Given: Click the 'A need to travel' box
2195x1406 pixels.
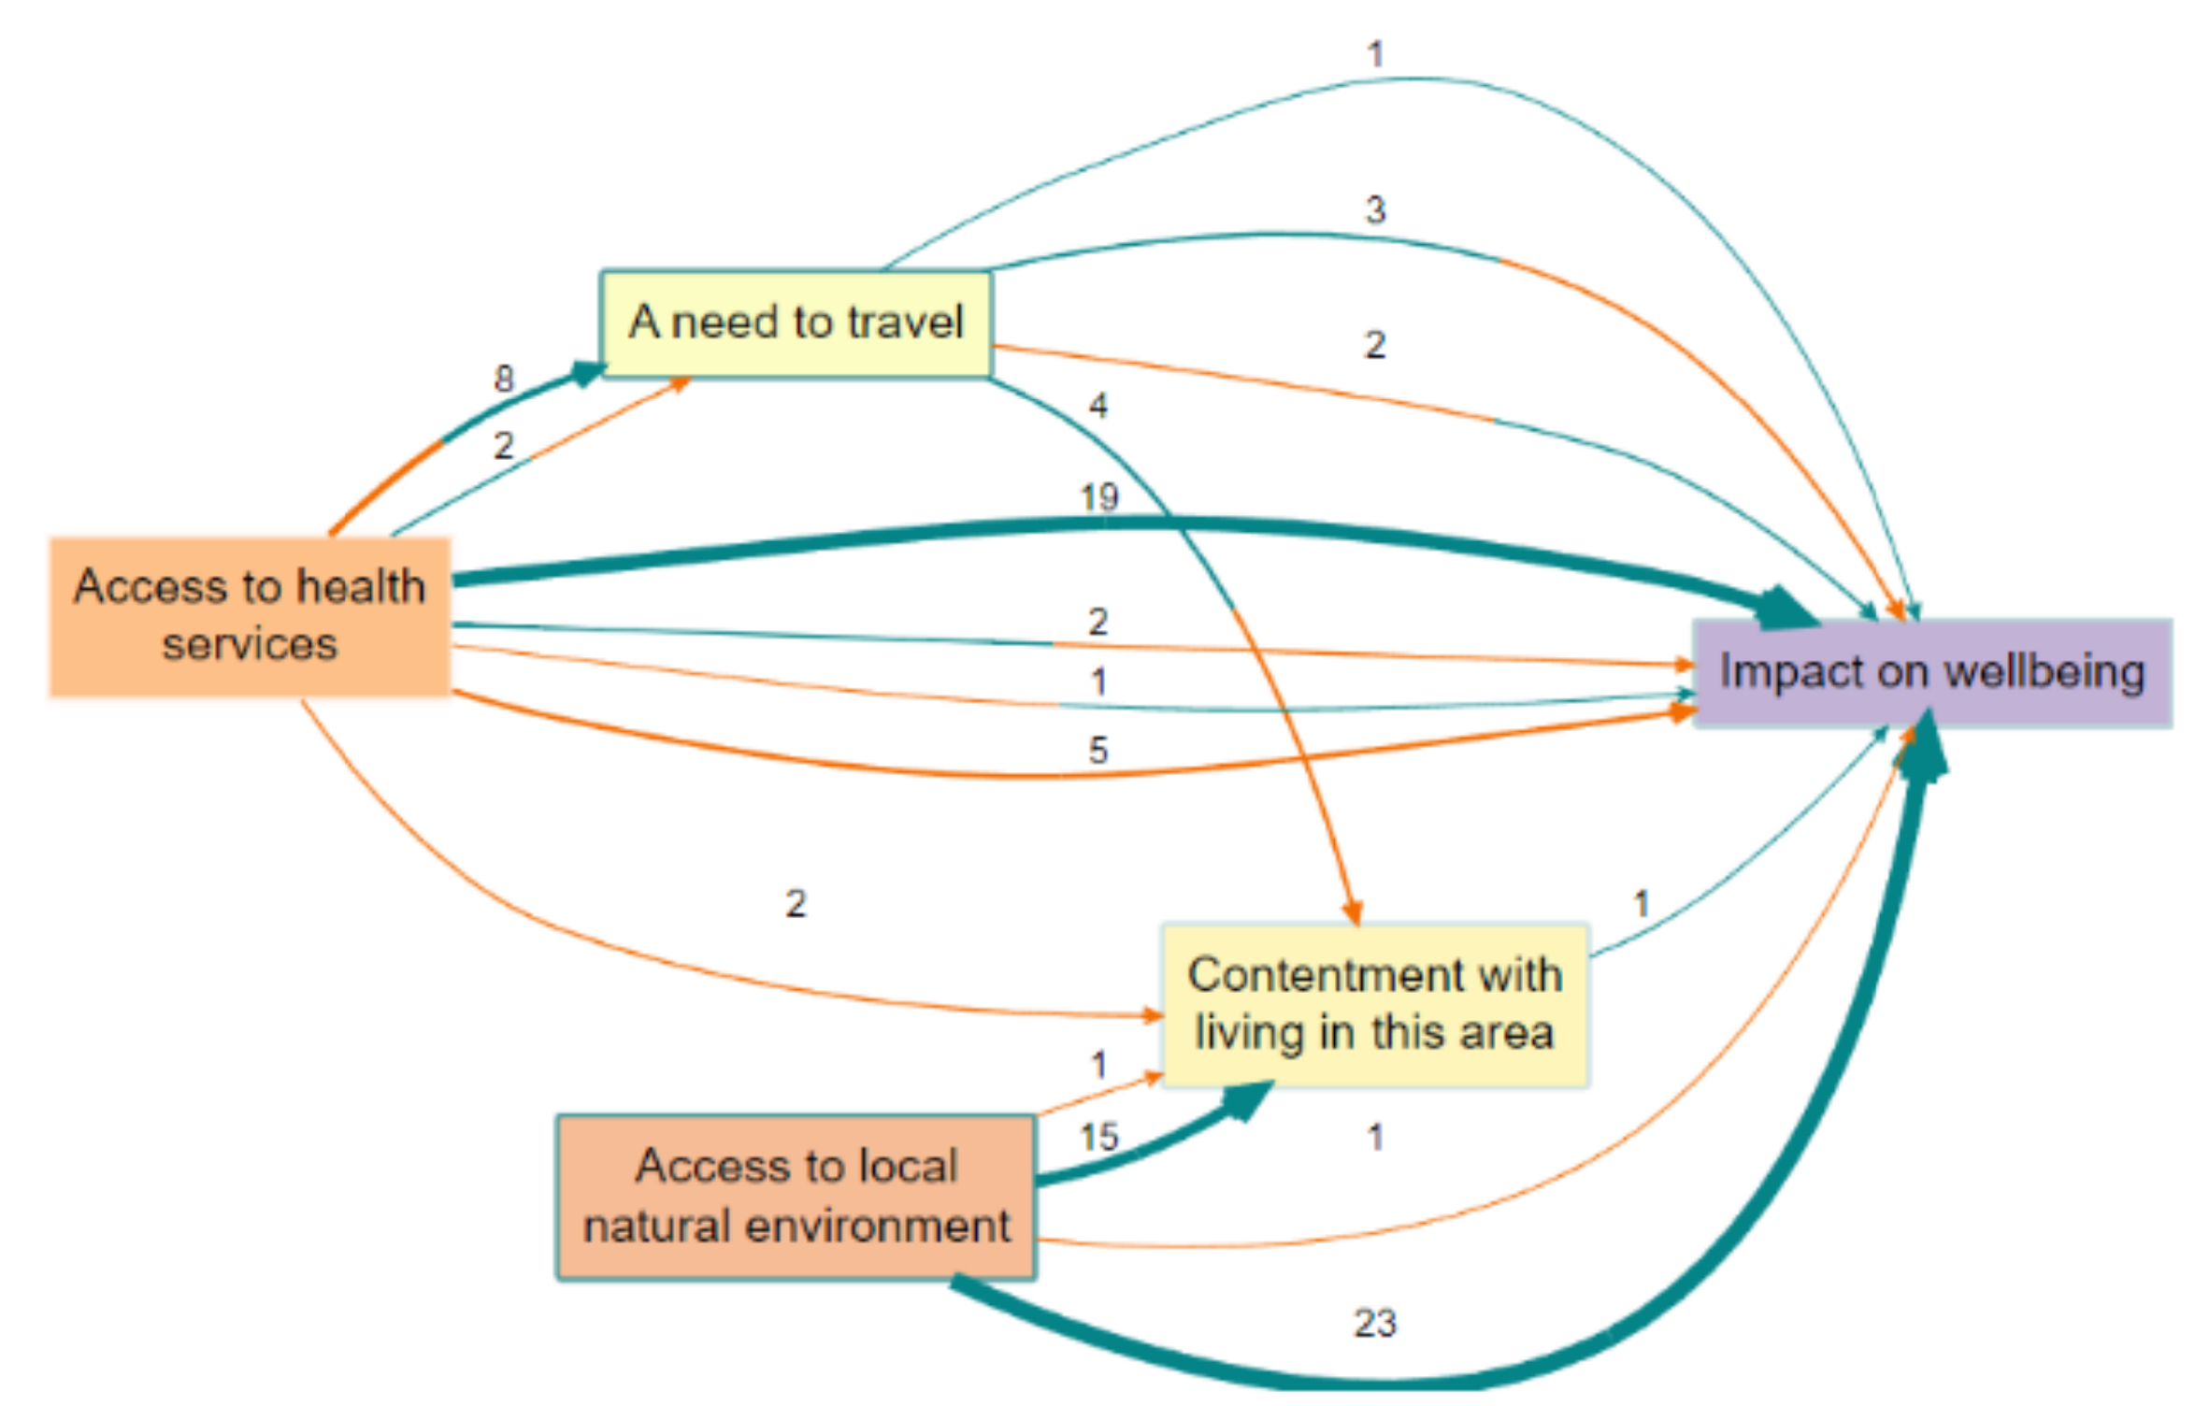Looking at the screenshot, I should click(x=795, y=323).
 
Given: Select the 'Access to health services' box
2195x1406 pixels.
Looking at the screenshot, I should click(x=250, y=616).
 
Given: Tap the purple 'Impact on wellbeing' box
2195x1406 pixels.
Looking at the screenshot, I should click(x=1931, y=672).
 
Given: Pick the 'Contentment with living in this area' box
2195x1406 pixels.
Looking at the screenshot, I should click(x=1374, y=1005).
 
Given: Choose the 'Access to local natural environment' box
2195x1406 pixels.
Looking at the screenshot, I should click(x=796, y=1197).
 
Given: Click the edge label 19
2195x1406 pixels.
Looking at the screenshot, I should click(x=1098, y=496).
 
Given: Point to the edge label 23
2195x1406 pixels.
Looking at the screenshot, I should click(x=1374, y=1323).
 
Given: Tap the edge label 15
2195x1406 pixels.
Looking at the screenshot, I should click(x=1098, y=1138).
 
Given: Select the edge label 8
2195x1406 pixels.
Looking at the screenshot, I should click(x=504, y=379).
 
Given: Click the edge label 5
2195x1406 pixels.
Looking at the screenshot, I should click(x=1098, y=750).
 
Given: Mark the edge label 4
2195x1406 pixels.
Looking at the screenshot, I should click(x=1098, y=406).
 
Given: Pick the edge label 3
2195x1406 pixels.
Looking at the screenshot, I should click(x=1374, y=209).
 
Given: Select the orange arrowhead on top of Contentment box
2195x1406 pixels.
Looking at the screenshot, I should click(x=1353, y=911).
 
